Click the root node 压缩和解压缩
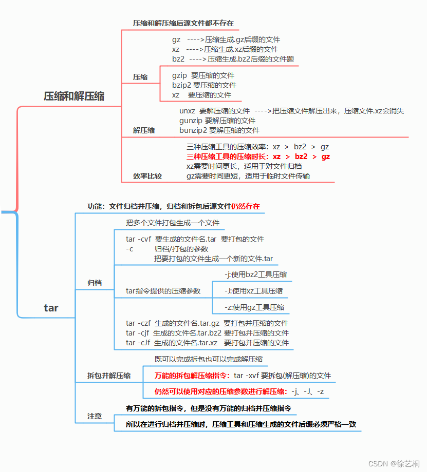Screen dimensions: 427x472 74,96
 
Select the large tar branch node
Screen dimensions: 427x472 51,308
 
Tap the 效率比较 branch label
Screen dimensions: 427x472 147,176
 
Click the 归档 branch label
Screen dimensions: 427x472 95,283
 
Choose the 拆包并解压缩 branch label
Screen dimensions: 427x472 109,376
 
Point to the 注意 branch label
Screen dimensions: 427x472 95,416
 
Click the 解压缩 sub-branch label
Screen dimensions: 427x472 144,130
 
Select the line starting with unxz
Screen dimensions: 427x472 291,111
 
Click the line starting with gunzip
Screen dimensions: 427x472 217,121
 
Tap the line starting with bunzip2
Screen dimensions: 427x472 219,130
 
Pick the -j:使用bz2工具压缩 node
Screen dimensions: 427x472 255,274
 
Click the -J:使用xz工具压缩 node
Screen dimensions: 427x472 253,291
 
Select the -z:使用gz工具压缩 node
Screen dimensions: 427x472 254,307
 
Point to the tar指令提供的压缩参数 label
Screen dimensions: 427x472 163,291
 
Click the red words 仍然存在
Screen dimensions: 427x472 245,206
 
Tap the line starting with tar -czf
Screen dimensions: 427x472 207,323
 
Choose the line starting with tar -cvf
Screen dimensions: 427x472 195,239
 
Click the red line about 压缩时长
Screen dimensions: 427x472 258,156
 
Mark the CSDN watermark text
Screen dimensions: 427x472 394,463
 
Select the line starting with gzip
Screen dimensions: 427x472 203,75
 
